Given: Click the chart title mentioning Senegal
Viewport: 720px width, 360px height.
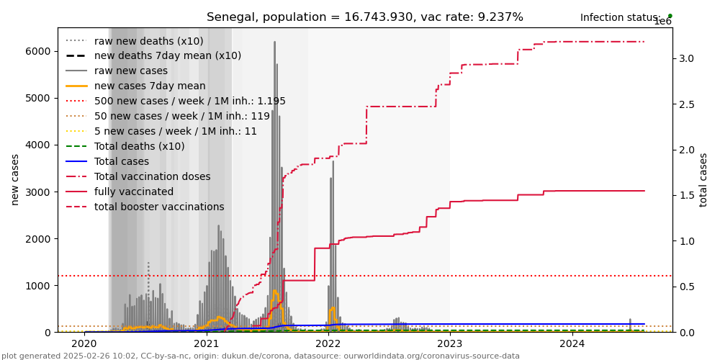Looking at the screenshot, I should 364,17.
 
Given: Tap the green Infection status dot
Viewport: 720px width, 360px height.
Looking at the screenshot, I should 670,16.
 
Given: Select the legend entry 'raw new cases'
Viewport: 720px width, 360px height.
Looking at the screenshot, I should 130,71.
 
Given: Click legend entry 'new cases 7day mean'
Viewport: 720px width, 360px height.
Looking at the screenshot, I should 150,86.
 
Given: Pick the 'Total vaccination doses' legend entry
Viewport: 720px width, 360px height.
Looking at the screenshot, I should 152,176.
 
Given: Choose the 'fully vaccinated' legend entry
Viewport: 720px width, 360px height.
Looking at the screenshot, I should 134,192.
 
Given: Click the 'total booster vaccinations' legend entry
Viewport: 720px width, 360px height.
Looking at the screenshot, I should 159,207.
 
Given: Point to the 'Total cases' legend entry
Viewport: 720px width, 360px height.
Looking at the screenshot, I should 122,161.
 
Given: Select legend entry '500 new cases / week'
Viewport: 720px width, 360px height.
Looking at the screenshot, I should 189,101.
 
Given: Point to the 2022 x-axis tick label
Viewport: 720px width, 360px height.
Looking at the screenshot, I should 328,345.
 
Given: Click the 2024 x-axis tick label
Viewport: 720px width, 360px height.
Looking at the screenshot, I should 572,345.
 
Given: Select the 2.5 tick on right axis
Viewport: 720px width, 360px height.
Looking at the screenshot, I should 686,104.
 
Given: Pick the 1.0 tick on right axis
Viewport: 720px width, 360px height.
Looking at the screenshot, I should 686,241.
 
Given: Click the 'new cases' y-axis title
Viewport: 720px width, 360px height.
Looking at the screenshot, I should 15,179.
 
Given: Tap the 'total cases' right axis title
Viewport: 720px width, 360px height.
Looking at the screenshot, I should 704,179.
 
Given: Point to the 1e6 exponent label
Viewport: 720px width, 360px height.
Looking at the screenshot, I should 662,22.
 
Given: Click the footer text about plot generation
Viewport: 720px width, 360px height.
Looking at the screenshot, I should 261,356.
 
